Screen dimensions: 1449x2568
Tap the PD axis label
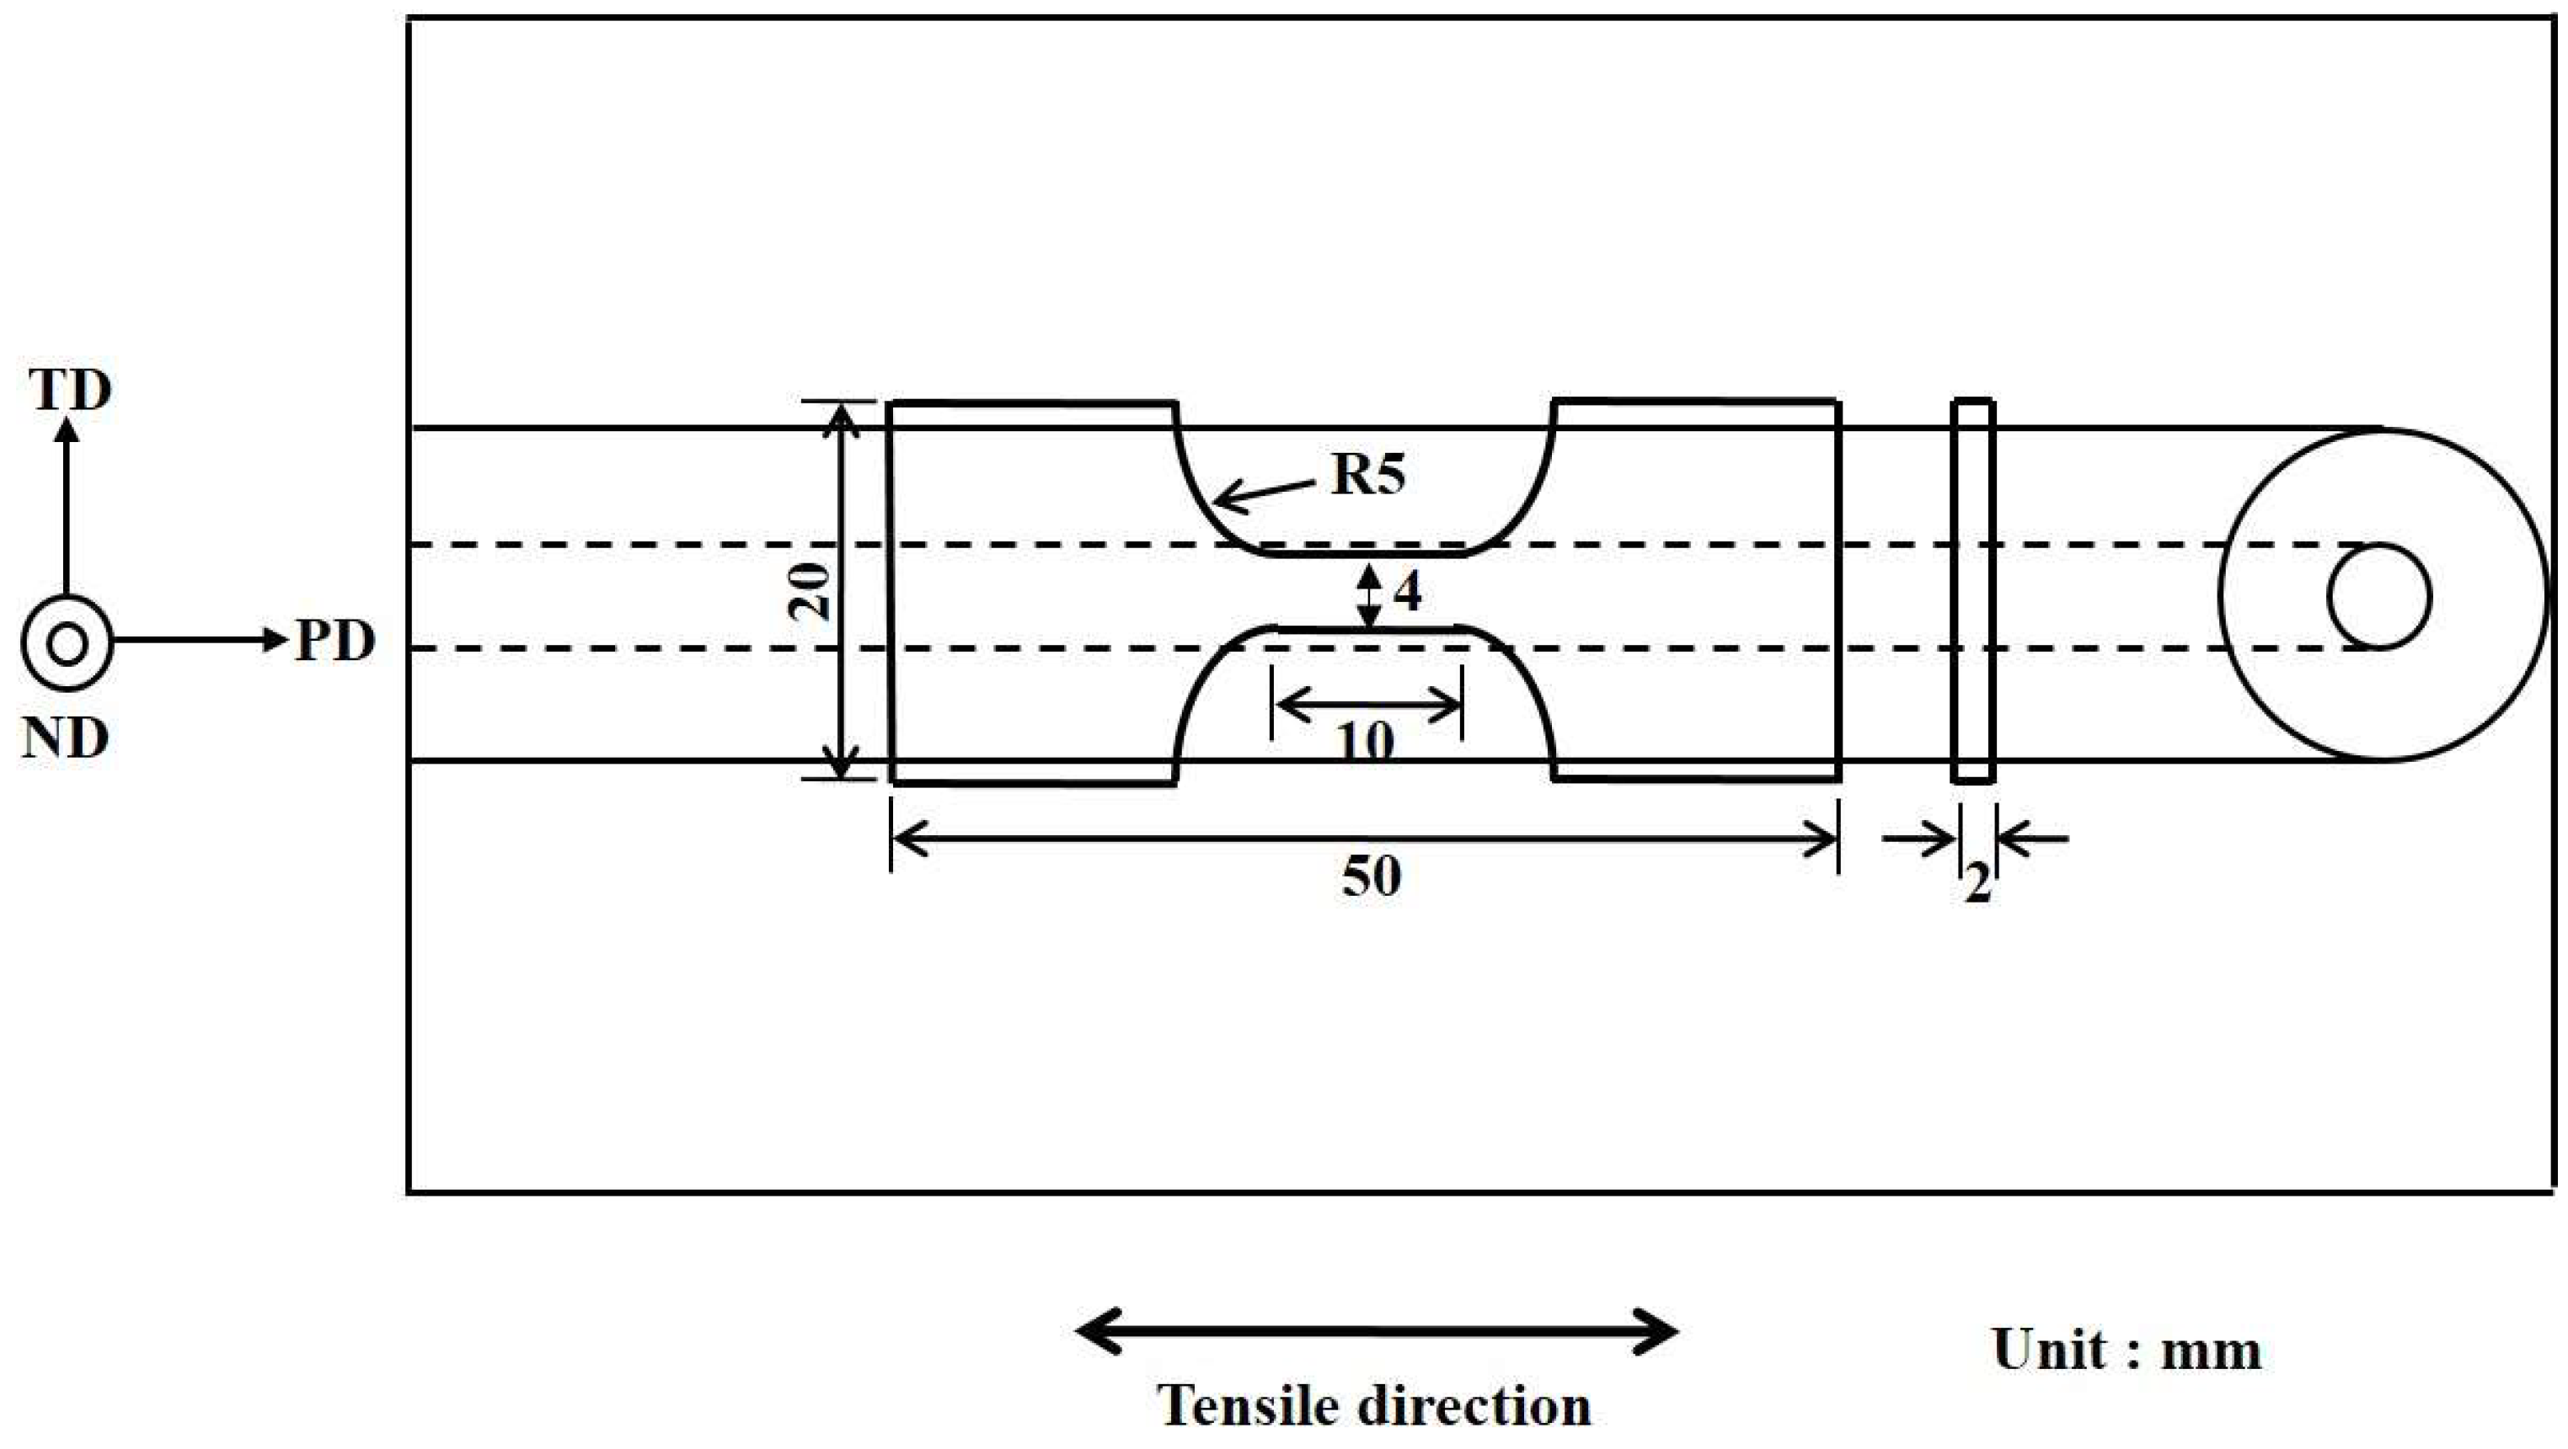pos(335,642)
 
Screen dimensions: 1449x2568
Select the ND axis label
pos(66,739)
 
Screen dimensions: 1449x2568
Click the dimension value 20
pos(811,591)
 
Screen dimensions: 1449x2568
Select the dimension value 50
pos(1371,877)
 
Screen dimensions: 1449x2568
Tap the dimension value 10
pos(1365,743)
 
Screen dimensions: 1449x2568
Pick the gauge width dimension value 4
pos(1407,594)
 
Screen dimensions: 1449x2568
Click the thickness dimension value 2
pos(1977,883)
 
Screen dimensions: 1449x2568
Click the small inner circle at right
pos(2379,596)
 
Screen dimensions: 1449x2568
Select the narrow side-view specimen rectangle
pos(1973,591)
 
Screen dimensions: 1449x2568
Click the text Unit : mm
pos(2127,1350)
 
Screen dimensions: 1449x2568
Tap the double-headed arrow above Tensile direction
pos(1377,1330)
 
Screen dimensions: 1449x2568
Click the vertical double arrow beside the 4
pos(1370,596)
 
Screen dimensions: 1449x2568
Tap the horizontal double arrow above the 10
pos(1367,706)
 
